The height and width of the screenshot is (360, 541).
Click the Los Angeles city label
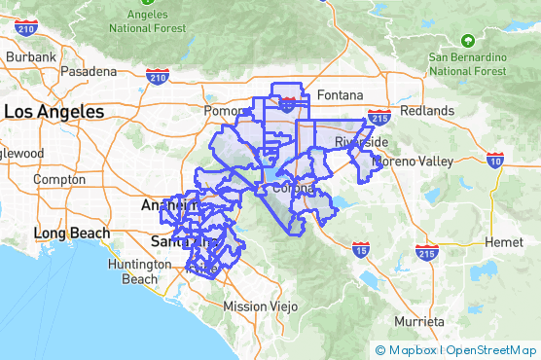coord(54,112)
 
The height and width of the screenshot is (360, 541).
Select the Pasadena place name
coord(89,72)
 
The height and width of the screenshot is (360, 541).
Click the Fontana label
coord(340,95)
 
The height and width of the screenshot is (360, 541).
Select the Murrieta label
coord(420,321)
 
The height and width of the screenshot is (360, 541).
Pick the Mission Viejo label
coord(258,306)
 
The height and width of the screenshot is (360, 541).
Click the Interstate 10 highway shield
coord(496,158)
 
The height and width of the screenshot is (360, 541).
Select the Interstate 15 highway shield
coord(361,251)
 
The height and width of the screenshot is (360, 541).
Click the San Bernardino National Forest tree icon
coord(468,41)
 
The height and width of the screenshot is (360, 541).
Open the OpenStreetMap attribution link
coord(492,350)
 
